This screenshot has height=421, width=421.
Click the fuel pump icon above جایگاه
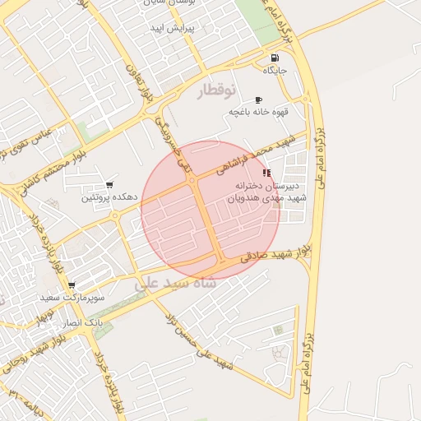(x=274, y=58)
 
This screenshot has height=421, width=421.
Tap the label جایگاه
(x=274, y=71)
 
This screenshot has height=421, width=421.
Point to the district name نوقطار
(x=216, y=90)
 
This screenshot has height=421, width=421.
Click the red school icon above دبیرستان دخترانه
(x=266, y=173)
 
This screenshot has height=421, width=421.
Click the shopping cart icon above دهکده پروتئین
(x=109, y=185)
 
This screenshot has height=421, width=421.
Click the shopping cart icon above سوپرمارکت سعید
(x=72, y=285)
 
